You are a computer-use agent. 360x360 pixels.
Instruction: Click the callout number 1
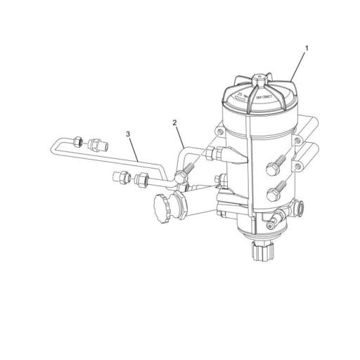pos(307,49)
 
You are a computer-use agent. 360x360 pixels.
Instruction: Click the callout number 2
pos(174,122)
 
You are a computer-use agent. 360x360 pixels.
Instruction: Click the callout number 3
pos(128,132)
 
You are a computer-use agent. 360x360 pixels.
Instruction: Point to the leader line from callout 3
pos(136,146)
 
